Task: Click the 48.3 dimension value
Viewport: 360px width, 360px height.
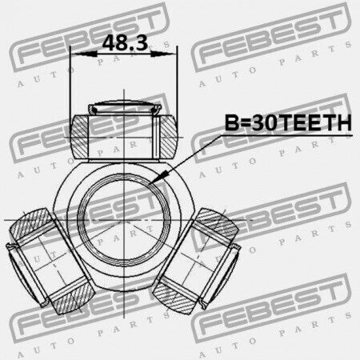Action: [125, 42]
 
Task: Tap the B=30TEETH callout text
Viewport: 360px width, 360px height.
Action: [288, 122]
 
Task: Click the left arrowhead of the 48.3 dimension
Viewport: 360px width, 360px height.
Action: [86, 54]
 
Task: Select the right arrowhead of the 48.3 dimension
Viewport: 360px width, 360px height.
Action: [162, 54]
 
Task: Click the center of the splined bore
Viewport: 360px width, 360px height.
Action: [124, 220]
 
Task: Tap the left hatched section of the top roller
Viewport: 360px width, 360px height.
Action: [79, 137]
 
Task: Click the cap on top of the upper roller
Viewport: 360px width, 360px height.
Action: [125, 106]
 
